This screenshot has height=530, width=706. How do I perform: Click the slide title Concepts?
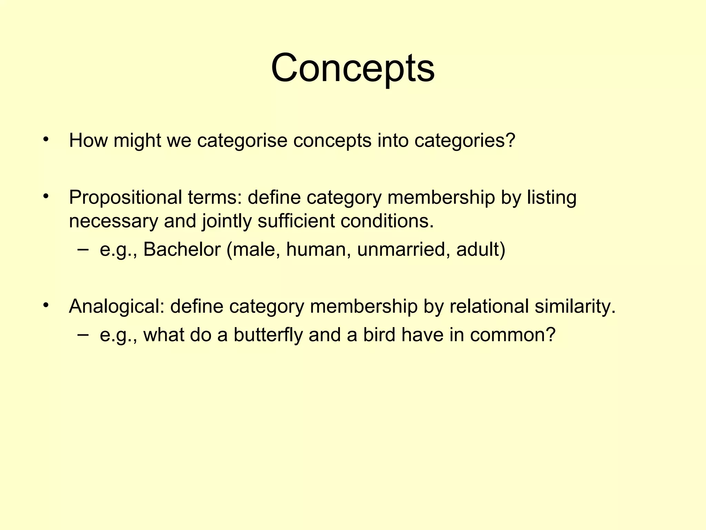coord(353,68)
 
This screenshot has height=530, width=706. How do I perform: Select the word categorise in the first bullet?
coord(242,140)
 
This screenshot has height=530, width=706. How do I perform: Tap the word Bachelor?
coord(182,249)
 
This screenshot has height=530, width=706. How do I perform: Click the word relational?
coord(489,306)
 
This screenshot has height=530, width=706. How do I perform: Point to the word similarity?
coord(575,306)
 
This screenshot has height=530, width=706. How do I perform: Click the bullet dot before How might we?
coord(46,140)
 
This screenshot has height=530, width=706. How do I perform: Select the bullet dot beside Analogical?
coord(46,305)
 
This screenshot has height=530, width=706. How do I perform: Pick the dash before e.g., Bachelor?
coord(83,249)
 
